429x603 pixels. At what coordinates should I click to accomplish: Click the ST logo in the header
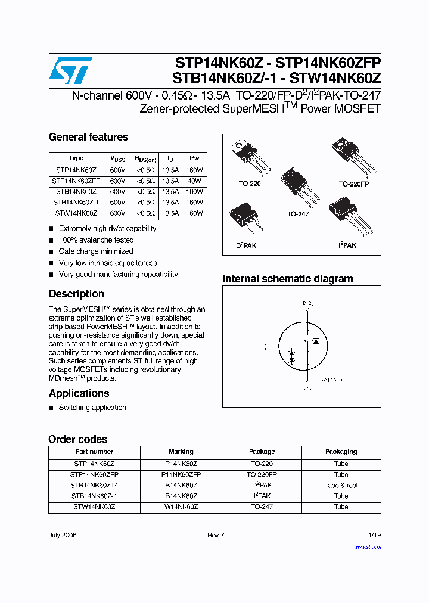pyautogui.click(x=70, y=71)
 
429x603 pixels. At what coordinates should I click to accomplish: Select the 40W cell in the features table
pyautogui.click(x=194, y=181)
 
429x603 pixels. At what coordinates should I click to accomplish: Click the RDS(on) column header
pyautogui.click(x=145, y=159)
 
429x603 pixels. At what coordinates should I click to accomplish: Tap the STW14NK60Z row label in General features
pyautogui.click(x=76, y=213)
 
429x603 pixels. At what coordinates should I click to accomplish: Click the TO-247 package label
pyautogui.click(x=298, y=214)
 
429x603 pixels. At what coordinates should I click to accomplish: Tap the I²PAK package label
pyautogui.click(x=347, y=245)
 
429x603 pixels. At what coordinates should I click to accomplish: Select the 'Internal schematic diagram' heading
pyautogui.click(x=287, y=279)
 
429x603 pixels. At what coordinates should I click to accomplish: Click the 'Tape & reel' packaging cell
pyautogui.click(x=341, y=486)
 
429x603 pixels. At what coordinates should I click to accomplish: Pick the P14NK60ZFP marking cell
pyautogui.click(x=181, y=475)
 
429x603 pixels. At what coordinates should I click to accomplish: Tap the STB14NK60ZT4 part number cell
pyautogui.click(x=94, y=486)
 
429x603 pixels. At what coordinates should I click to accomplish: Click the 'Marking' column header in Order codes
pyautogui.click(x=181, y=452)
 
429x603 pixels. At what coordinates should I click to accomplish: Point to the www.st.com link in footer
pyautogui.click(x=367, y=546)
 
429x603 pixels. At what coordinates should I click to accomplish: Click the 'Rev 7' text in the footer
pyautogui.click(x=216, y=535)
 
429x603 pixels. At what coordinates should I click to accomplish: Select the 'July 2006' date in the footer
pyautogui.click(x=63, y=535)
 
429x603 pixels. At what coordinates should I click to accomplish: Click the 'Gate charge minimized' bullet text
pyautogui.click(x=96, y=251)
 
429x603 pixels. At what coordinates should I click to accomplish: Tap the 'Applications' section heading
pyautogui.click(x=79, y=393)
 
